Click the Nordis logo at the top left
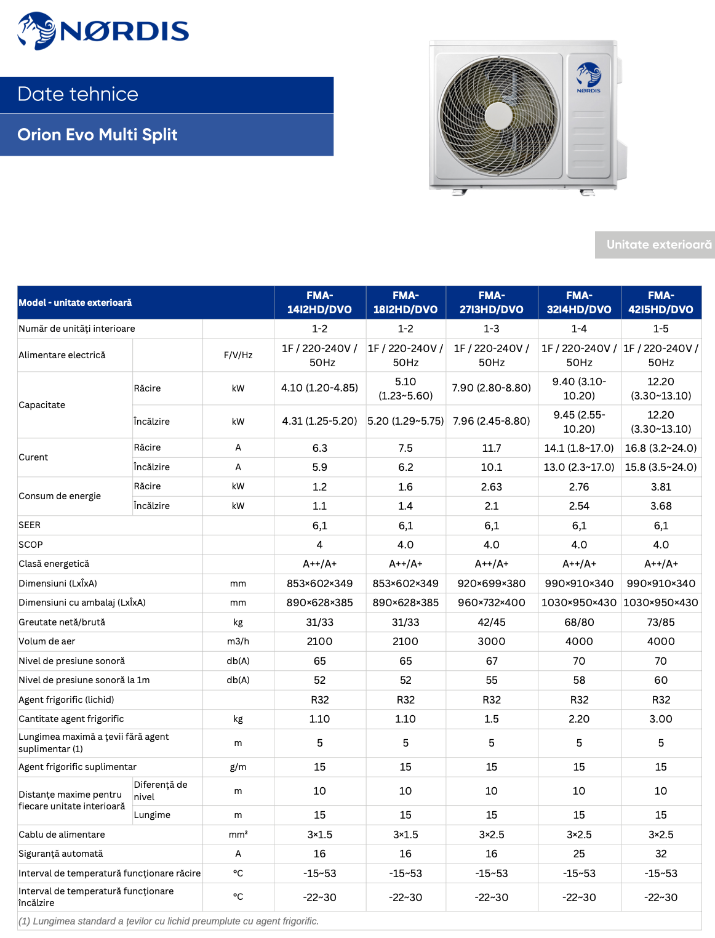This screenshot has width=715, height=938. [x=103, y=31]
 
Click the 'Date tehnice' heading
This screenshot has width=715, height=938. [x=78, y=94]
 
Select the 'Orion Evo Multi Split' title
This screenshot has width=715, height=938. [x=97, y=135]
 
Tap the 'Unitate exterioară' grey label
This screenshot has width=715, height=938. [x=658, y=244]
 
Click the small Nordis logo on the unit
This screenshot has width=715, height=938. [x=588, y=77]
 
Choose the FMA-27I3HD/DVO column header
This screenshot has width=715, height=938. [x=491, y=302]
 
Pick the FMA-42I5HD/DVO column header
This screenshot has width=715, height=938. [x=660, y=302]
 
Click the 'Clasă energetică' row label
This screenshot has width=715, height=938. [x=54, y=564]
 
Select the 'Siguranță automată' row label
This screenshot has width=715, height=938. [x=61, y=854]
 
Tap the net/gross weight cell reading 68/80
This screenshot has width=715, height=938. [x=579, y=622]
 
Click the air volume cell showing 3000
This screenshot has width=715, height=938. [x=491, y=641]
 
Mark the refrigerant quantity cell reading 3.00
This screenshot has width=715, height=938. [x=660, y=719]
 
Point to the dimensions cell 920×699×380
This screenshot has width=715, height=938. [x=491, y=583]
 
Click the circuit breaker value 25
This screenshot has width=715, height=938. [x=579, y=854]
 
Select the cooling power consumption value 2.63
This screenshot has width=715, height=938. [x=491, y=487]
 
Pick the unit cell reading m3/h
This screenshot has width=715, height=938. [x=238, y=641]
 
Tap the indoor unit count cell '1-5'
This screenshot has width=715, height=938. [x=660, y=329]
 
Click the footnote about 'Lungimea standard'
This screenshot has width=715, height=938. [x=169, y=921]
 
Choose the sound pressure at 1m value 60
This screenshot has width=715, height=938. [x=660, y=680]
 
